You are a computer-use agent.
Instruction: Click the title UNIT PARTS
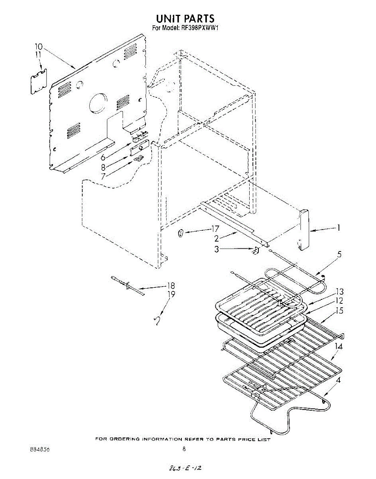coord(185,18)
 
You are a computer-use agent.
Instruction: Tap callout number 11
coord(38,55)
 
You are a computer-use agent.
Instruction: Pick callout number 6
coord(103,158)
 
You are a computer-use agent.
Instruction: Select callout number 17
coord(215,229)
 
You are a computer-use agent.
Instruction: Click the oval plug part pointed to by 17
coord(181,234)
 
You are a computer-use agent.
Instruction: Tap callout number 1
coord(339,228)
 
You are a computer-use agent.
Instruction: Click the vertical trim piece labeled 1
coord(305,229)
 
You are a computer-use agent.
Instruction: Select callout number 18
coord(171,286)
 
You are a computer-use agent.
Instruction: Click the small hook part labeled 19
coord(158,321)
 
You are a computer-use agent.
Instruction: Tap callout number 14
coord(338,346)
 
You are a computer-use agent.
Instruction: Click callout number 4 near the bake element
coord(338,380)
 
